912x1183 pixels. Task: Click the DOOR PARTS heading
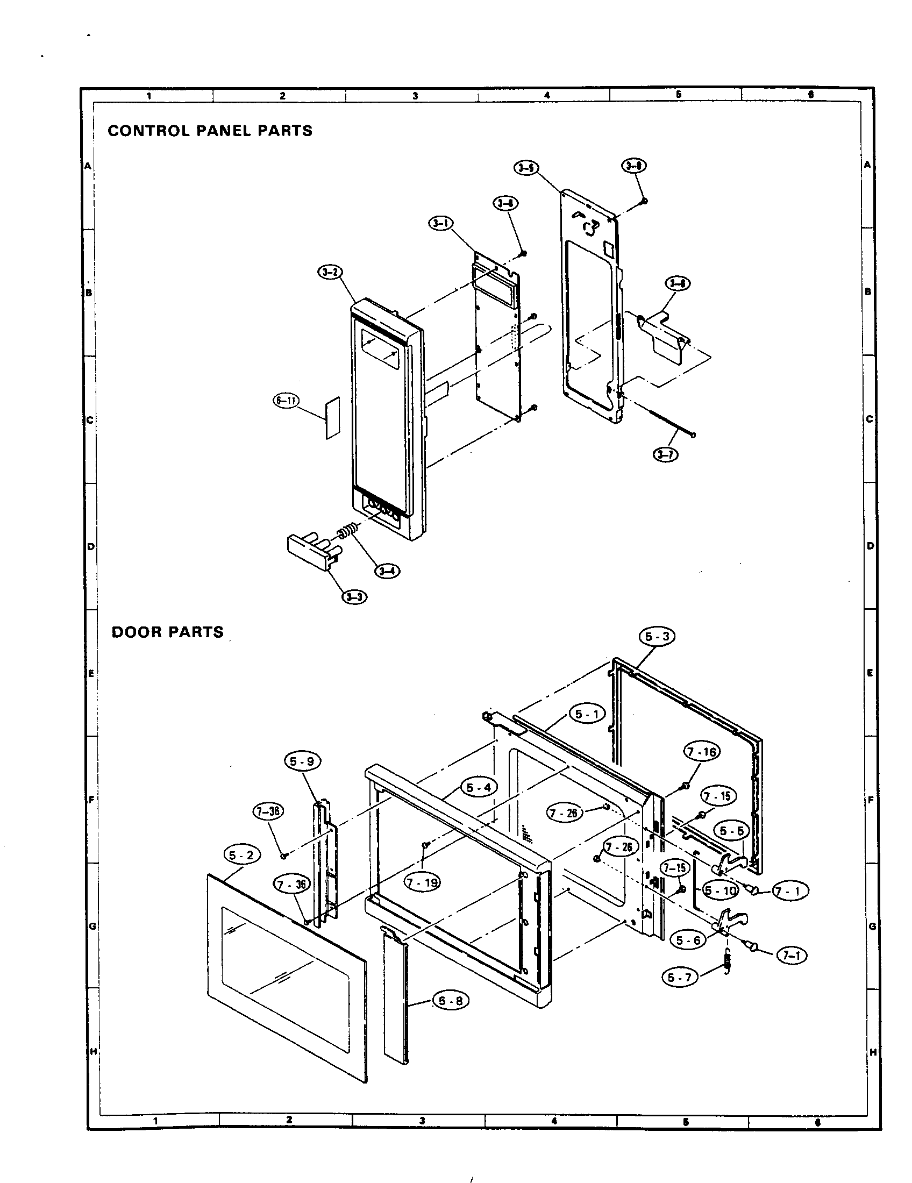[x=167, y=632]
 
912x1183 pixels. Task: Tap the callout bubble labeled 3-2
[x=330, y=273]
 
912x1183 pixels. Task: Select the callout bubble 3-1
[x=441, y=223]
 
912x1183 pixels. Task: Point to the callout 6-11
[x=286, y=401]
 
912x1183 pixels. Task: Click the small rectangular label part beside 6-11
[x=332, y=418]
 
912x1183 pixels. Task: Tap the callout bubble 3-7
[x=665, y=454]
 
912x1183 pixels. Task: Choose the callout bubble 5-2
[x=241, y=856]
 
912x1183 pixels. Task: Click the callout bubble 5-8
[x=451, y=1001]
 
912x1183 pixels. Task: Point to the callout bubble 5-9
[x=302, y=761]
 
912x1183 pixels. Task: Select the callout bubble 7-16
[x=702, y=752]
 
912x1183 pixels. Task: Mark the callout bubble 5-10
[x=720, y=890]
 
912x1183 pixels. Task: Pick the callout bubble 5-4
[x=479, y=788]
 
